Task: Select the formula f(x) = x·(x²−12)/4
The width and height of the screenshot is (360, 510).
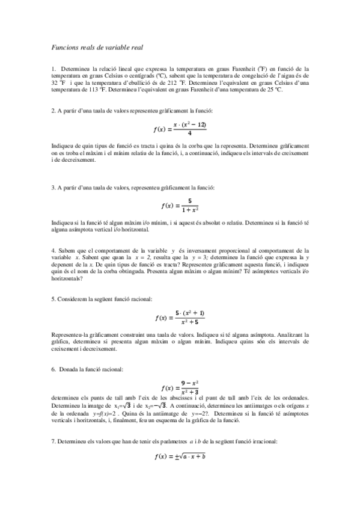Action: click(x=180, y=128)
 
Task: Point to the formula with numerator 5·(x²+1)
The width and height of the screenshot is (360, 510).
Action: click(x=180, y=316)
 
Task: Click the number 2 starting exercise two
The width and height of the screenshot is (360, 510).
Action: click(x=53, y=111)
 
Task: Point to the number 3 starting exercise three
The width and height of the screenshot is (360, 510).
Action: click(x=53, y=187)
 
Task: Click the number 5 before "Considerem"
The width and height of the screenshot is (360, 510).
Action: click(x=53, y=299)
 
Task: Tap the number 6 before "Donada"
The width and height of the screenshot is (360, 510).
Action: click(x=53, y=368)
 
